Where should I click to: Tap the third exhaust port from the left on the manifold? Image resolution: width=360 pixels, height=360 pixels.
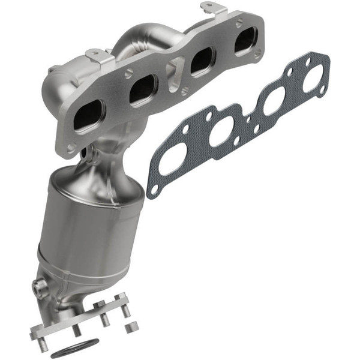tap(202, 60)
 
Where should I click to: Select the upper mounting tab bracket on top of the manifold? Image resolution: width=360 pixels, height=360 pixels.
tap(214, 8)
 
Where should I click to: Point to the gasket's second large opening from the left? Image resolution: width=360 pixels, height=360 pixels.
tap(221, 131)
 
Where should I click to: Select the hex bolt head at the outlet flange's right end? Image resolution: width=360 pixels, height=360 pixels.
tap(123, 298)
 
